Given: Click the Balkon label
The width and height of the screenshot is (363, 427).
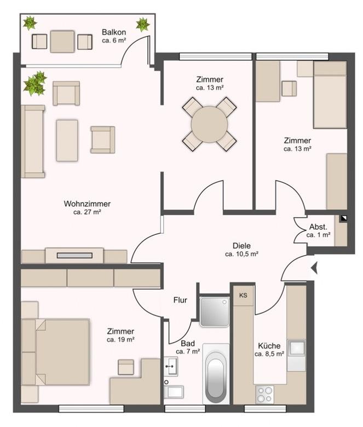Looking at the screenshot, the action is click(114, 32).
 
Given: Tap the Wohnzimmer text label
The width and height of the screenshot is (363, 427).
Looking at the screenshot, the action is click(87, 204).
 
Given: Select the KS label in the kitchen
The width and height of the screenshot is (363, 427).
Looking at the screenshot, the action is click(243, 295).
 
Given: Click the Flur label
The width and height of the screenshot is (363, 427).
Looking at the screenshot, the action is click(180, 300).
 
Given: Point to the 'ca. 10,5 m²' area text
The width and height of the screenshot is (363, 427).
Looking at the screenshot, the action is click(242, 254).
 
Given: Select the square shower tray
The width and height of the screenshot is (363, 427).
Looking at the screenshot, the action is click(215, 312).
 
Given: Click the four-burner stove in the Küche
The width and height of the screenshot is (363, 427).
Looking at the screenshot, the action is click(264, 394).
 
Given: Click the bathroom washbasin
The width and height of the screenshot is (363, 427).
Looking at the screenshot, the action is click(171, 367).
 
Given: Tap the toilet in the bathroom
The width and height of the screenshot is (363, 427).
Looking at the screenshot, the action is click(174, 391).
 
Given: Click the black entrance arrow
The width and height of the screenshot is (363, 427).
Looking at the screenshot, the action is click(314, 268).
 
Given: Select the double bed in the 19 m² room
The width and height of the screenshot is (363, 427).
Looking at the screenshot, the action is click(62, 352).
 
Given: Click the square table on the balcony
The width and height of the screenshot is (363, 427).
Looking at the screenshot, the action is click(62, 42).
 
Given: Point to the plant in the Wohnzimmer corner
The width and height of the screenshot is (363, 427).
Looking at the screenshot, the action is click(35, 83).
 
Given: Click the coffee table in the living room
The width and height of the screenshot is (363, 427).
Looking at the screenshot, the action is click(67, 140).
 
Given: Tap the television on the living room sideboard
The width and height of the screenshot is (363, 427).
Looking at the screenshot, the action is click(74, 256).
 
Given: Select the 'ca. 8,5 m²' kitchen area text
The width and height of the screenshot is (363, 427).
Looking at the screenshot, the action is click(269, 354).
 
